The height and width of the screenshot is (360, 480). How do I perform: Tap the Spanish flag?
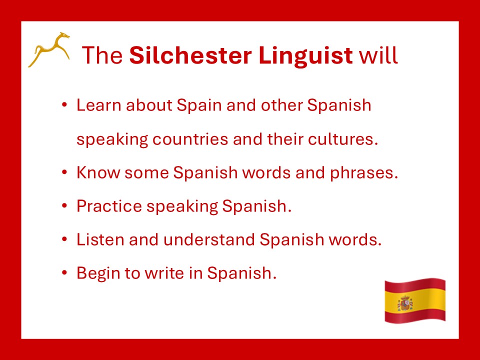coord(415,300)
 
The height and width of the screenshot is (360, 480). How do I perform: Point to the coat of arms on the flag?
coord(405,303)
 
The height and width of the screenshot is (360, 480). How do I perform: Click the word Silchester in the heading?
coord(190,55)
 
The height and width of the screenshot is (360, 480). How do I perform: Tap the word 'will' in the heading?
coord(378,55)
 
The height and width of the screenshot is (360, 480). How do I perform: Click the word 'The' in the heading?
coord(102,55)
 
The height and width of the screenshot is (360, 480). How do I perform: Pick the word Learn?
coord(99,105)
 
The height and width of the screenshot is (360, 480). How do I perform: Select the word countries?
coord(190,139)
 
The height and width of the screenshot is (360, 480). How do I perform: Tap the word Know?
coord(98,172)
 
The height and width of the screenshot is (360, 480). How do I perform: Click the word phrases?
coord(363,172)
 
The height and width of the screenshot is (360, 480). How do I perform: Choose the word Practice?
coord(109,206)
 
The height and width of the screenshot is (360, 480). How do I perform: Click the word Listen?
coord(100,239)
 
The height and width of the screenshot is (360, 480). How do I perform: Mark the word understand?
coord(209,239)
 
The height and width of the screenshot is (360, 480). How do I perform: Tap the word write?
coord(164,273)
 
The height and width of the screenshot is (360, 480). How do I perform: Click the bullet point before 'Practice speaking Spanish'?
coord(64,205)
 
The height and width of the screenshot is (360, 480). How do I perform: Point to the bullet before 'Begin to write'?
coord(64,272)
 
